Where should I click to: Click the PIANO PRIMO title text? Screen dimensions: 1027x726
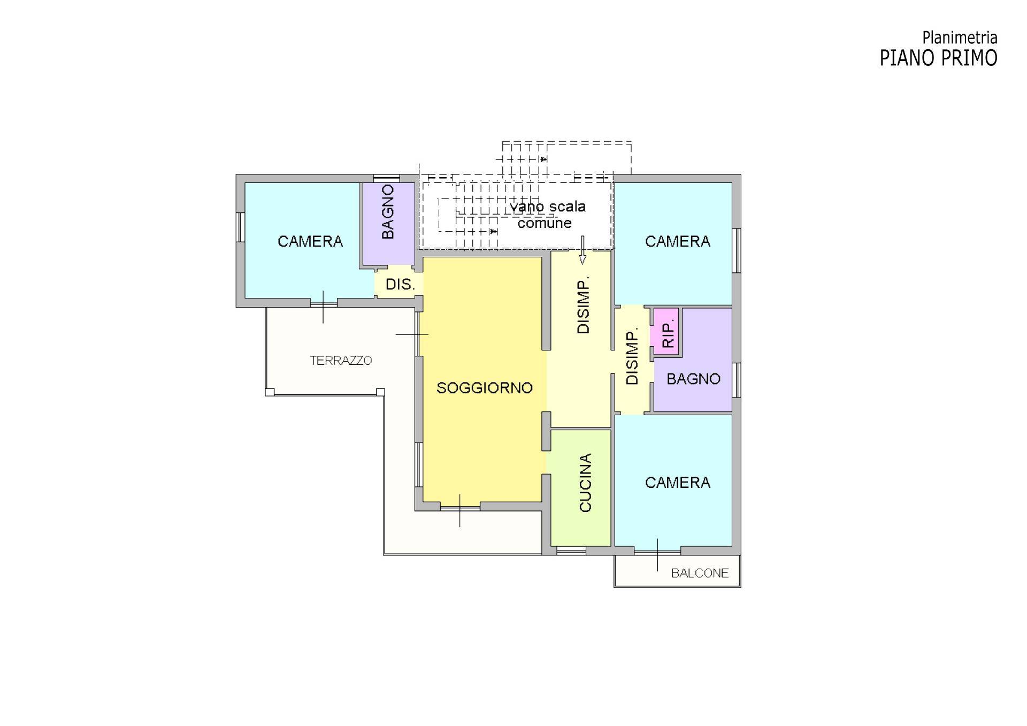[938, 58]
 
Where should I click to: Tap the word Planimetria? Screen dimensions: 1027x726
[960, 37]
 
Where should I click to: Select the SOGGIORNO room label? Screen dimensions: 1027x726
[485, 388]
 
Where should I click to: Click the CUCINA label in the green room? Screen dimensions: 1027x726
[585, 483]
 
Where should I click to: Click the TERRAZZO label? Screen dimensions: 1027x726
[341, 361]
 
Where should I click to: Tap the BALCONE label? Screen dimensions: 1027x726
[700, 574]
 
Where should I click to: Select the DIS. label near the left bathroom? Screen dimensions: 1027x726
[400, 285]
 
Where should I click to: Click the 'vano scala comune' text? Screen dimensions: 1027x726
[547, 215]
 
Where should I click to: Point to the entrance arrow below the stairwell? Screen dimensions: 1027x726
[583, 250]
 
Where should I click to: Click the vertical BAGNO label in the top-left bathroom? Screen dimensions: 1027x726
[388, 212]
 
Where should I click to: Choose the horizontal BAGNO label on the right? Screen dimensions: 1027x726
[693, 379]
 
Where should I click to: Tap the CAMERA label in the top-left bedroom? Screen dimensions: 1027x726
[310, 242]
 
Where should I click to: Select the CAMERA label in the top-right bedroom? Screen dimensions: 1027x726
[678, 242]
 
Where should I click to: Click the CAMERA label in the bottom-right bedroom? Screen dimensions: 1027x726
[678, 483]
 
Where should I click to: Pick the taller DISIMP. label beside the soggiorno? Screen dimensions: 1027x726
[583, 305]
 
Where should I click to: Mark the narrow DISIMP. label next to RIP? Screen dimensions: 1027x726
[632, 357]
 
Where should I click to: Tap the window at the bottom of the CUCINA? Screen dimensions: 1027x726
[571, 551]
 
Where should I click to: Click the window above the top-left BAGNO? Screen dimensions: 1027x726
[386, 179]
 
